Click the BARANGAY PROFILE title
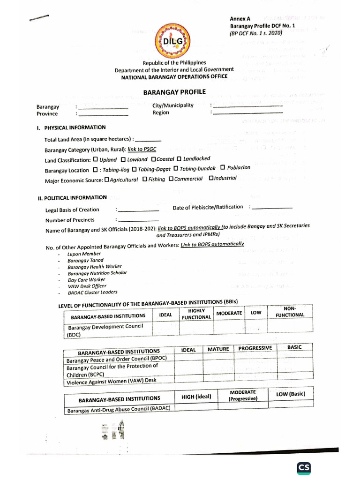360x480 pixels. tap(174, 92)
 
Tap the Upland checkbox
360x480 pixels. tap(96, 160)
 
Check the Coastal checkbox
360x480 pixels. tap(153, 159)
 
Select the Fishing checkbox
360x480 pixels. tap(145, 179)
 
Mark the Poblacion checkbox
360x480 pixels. tap(223, 167)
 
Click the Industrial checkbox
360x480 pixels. tap(211, 178)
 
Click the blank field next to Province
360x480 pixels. tap(103, 114)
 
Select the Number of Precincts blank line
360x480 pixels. tap(138, 219)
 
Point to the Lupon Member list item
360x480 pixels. tap(84, 254)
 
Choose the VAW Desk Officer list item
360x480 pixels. tap(87, 285)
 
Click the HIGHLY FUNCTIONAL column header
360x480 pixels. tap(196, 314)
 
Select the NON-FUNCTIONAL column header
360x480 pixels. tap(290, 312)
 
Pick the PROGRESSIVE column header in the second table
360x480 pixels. tap(255, 348)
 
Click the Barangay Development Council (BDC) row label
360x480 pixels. tap(105, 330)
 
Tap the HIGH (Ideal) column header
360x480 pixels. tap(196, 397)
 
